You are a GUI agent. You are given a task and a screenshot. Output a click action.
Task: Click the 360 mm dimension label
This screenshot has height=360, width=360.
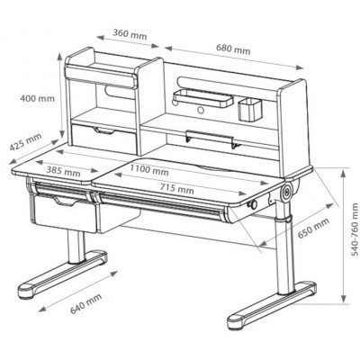point(130,34)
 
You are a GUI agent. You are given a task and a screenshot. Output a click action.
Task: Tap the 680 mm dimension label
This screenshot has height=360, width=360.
point(233,49)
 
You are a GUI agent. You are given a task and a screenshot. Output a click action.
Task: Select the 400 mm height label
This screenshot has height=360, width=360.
point(38,98)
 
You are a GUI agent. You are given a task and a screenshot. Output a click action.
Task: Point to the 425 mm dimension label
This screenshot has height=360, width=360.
point(26,142)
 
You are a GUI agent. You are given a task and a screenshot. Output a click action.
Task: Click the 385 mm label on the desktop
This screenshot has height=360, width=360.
point(63,171)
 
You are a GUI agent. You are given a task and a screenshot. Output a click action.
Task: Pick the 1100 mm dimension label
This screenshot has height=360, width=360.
point(149,170)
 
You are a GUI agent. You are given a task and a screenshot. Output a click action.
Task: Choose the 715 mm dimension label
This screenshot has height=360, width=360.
point(176,189)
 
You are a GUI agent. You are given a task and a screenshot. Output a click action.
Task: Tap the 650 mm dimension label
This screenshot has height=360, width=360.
point(313,228)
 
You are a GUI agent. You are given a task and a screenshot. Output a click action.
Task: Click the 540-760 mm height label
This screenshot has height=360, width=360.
point(355,229)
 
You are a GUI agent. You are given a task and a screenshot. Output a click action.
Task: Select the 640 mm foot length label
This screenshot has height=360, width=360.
point(85,303)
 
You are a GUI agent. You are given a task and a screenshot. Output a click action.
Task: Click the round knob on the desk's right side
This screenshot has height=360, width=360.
point(252,205)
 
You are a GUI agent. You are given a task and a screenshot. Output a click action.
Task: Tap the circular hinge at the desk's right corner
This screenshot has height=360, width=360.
point(287,192)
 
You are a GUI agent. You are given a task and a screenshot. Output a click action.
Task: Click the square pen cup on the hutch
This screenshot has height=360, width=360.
point(250,110)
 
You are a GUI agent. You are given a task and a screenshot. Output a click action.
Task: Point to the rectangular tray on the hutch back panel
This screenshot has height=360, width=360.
point(202,98)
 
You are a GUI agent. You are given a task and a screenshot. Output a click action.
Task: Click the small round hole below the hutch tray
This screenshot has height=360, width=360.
point(201,110)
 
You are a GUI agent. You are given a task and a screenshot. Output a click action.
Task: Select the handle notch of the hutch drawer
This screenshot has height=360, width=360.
point(104,130)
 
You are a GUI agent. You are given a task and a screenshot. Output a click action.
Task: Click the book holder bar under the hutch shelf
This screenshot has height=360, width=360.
point(210,139)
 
